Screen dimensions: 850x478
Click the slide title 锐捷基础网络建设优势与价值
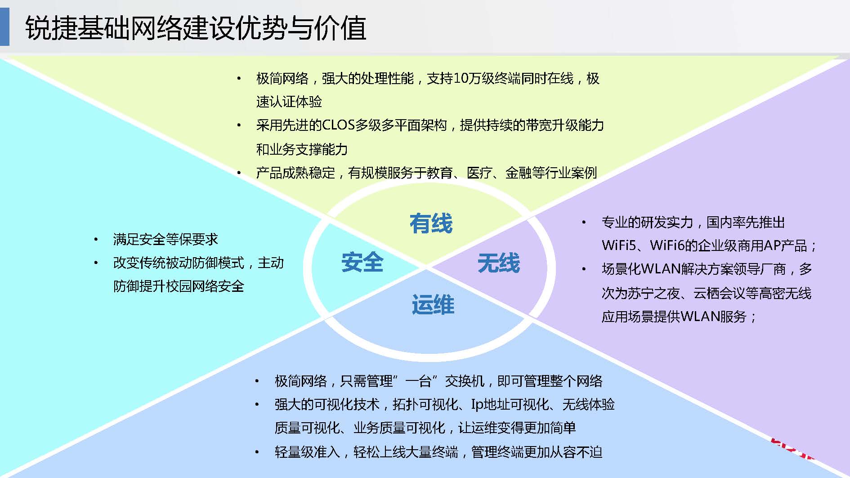click(196, 28)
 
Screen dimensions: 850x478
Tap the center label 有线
click(431, 223)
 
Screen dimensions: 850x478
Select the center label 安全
click(362, 262)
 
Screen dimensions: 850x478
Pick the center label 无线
click(498, 263)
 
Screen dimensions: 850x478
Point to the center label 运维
click(433, 304)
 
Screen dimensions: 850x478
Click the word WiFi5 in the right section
click(619, 246)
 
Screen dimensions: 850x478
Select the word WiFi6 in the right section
click(667, 246)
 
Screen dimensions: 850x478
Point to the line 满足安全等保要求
click(166, 239)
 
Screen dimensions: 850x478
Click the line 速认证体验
click(289, 102)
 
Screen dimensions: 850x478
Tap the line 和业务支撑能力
click(302, 149)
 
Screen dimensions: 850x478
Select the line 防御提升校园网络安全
click(179, 286)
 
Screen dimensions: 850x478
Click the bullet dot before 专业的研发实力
click(584, 222)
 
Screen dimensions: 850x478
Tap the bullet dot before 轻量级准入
click(257, 452)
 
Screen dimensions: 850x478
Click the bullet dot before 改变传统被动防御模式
click(96, 263)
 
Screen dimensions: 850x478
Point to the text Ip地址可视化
click(510, 405)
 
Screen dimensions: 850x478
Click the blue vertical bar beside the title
click(4, 27)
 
